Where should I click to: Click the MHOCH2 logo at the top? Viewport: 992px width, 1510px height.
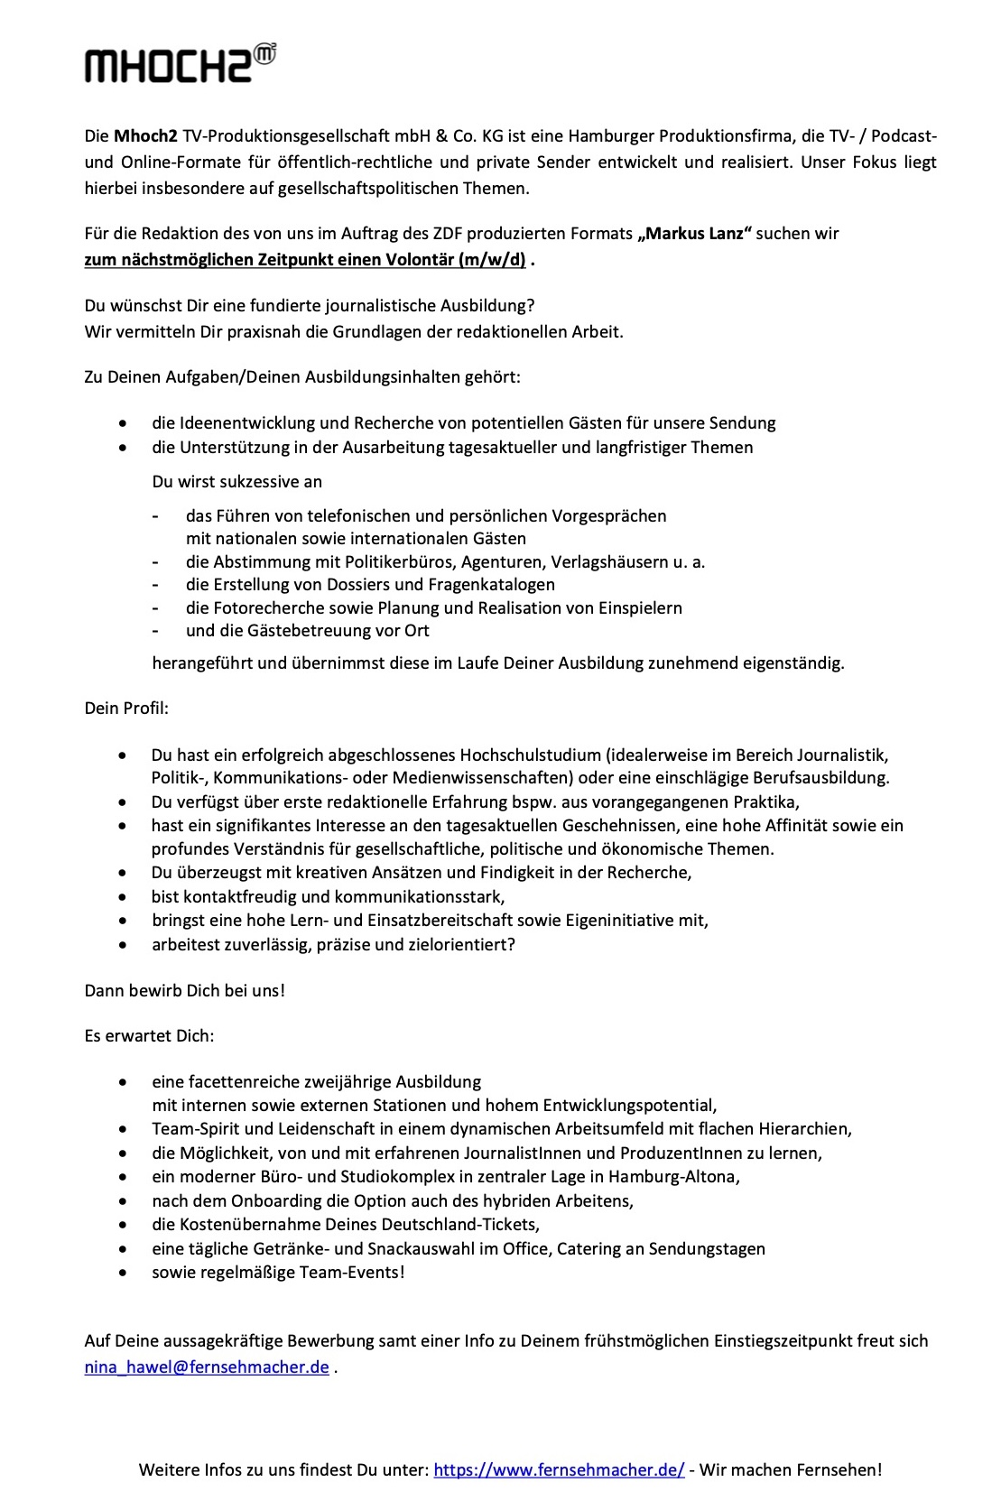(x=180, y=62)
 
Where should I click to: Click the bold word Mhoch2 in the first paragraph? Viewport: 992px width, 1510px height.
(x=144, y=136)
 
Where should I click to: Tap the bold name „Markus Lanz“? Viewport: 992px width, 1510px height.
(x=693, y=234)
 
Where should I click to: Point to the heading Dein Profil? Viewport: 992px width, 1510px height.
(x=126, y=708)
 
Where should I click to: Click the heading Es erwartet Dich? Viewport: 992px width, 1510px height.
(x=149, y=1035)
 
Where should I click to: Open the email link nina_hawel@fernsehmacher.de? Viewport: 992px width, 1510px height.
(x=207, y=1366)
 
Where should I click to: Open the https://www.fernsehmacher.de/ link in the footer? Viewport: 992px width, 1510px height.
(x=559, y=1469)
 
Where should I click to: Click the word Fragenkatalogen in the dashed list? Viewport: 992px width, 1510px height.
(x=496, y=584)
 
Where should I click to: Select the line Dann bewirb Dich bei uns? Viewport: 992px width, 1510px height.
(x=184, y=990)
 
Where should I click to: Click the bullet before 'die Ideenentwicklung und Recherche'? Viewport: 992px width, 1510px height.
(x=123, y=423)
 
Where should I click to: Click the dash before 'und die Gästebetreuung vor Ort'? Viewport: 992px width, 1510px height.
(x=156, y=630)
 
